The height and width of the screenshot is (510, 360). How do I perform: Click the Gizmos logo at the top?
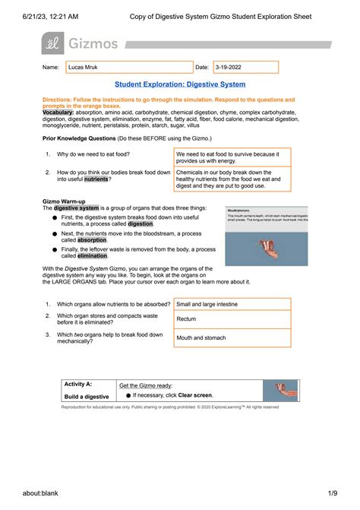pos(81,44)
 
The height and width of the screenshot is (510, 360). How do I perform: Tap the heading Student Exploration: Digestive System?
pos(179,84)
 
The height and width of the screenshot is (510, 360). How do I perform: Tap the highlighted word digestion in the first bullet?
pos(140,224)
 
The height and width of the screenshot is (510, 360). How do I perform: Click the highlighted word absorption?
pos(96,239)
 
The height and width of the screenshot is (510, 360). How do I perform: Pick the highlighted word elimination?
pos(90,255)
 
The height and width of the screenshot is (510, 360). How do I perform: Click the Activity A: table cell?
pos(87,385)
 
